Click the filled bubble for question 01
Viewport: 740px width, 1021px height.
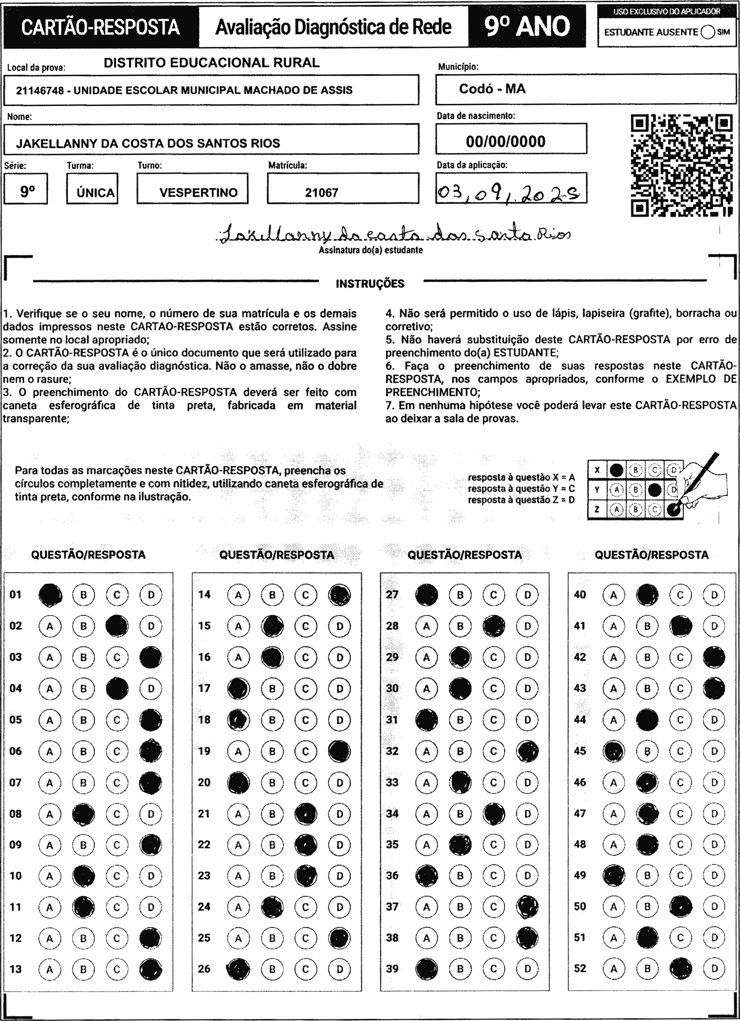[50, 595]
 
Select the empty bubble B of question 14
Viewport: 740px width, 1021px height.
[272, 595]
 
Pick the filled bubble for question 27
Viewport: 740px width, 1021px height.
[426, 595]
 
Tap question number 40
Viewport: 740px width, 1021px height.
[580, 595]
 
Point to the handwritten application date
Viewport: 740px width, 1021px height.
[510, 194]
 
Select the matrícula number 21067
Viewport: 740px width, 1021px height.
[321, 193]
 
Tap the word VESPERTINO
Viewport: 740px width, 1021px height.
[198, 193]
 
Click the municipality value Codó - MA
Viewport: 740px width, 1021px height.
[492, 89]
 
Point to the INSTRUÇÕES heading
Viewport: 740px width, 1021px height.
[370, 283]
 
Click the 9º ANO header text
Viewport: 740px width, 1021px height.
[527, 26]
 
